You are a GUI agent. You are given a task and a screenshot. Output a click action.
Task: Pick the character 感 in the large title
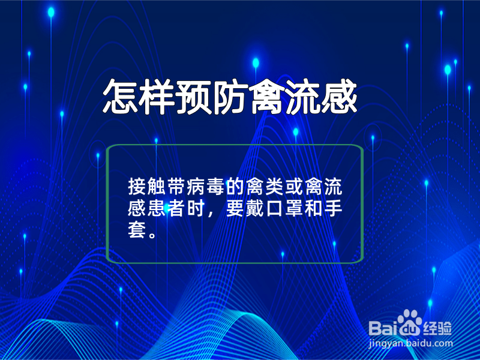click(x=339, y=97)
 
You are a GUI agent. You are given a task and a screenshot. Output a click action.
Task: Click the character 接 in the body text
click(x=137, y=187)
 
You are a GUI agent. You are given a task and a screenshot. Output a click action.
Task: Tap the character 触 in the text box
click(x=156, y=187)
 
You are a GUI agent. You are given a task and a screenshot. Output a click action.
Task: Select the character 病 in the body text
click(x=196, y=187)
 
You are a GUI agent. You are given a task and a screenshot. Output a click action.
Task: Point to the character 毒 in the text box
click(x=215, y=187)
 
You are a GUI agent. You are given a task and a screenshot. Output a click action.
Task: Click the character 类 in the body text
click(x=274, y=187)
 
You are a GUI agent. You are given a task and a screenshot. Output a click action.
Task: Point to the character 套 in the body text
click(x=137, y=230)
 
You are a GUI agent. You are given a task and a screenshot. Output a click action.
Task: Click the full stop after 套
click(x=152, y=235)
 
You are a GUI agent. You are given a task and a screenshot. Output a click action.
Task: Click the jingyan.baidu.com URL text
click(x=410, y=343)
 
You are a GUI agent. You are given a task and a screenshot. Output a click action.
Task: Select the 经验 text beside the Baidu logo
click(x=437, y=328)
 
